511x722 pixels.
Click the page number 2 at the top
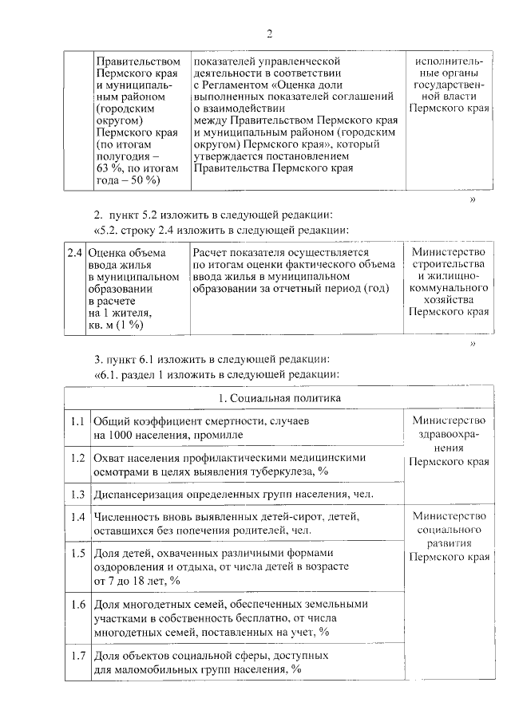pos(269,34)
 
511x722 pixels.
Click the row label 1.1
pos(77,420)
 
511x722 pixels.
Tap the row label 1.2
pos(77,458)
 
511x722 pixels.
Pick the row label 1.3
pos(77,494)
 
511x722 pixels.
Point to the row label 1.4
pos(77,517)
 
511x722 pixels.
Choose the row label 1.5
pos(77,552)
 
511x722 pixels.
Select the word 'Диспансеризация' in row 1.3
pos(137,494)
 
